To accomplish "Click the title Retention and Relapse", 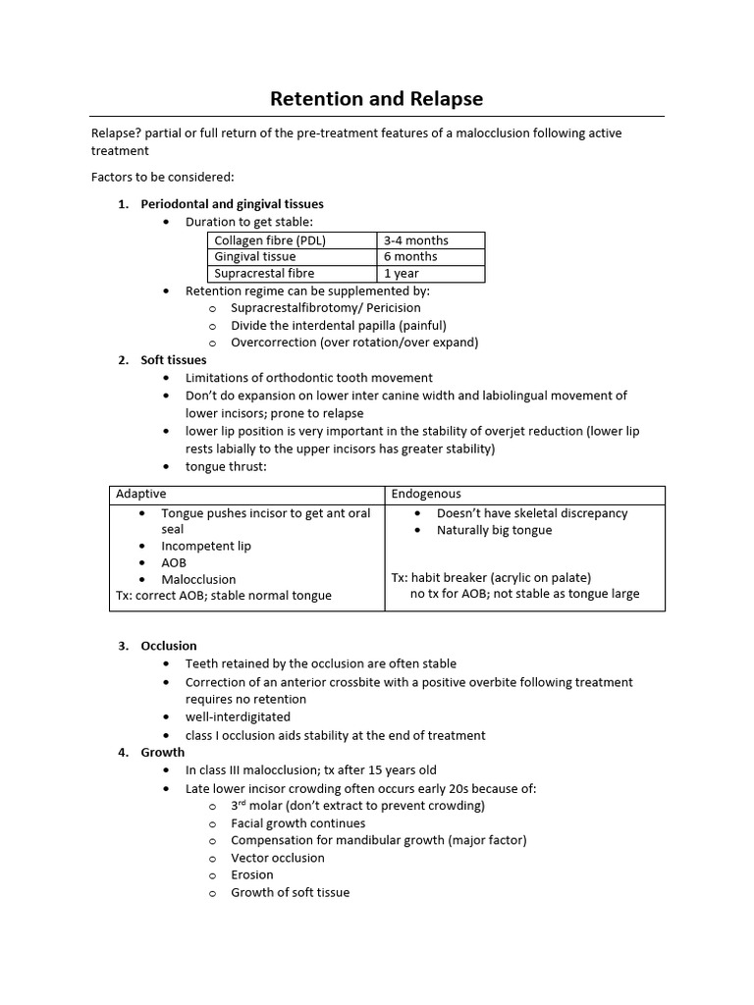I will pyautogui.click(x=377, y=99).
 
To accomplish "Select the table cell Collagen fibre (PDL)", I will pyautogui.click(x=270, y=240).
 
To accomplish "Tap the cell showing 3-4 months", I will pyautogui.click(x=415, y=240).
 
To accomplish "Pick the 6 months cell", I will pyautogui.click(x=410, y=257).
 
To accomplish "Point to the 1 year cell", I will pyautogui.click(x=402, y=274).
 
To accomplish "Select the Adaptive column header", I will pyautogui.click(x=141, y=494).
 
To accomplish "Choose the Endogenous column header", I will pyautogui.click(x=426, y=494).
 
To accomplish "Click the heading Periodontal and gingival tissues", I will pyautogui.click(x=232, y=204).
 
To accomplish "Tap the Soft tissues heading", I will pyautogui.click(x=174, y=360).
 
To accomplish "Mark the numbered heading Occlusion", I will pyautogui.click(x=169, y=646).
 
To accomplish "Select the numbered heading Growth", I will pyautogui.click(x=163, y=753).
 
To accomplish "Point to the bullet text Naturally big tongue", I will pyautogui.click(x=494, y=530).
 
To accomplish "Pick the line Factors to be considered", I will pyautogui.click(x=163, y=178).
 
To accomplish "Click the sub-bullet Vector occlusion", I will pyautogui.click(x=277, y=858).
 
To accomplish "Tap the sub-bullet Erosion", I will pyautogui.click(x=252, y=874).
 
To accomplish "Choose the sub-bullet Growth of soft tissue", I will pyautogui.click(x=290, y=892).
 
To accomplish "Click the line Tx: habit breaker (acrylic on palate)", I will pyautogui.click(x=491, y=577).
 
